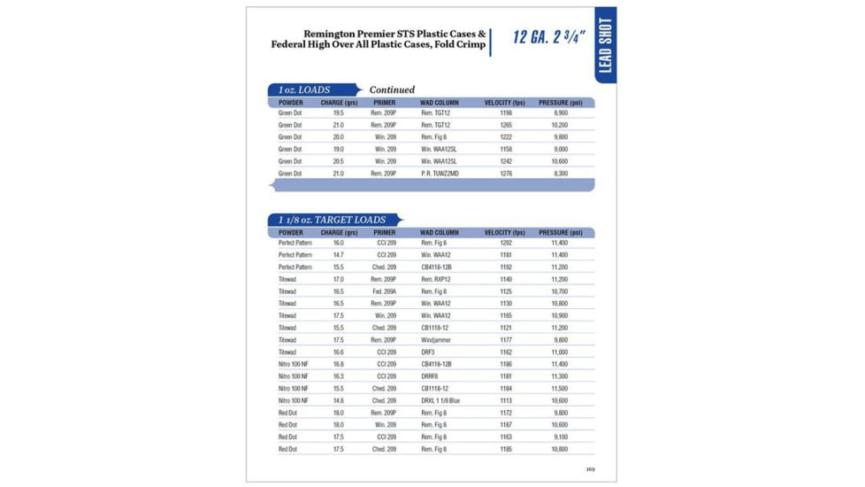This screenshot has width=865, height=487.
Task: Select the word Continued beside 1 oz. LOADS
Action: (392, 90)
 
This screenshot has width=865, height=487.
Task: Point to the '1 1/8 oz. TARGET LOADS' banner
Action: (334, 220)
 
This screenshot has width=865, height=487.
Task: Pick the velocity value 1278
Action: (506, 174)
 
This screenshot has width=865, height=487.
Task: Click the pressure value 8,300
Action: (561, 174)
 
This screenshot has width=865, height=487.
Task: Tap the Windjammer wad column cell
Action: (437, 340)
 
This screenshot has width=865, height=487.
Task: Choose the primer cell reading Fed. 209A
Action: (384, 291)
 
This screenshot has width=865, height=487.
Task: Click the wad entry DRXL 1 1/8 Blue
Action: (440, 401)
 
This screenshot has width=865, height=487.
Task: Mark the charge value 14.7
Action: (339, 255)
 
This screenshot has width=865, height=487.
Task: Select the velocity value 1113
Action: (506, 401)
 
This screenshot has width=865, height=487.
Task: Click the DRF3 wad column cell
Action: (429, 352)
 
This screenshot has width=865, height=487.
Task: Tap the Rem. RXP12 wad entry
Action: (436, 279)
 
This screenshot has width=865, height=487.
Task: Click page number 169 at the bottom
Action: (590, 469)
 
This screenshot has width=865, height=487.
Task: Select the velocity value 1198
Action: (506, 113)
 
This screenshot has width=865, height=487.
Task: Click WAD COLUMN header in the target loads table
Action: (440, 233)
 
